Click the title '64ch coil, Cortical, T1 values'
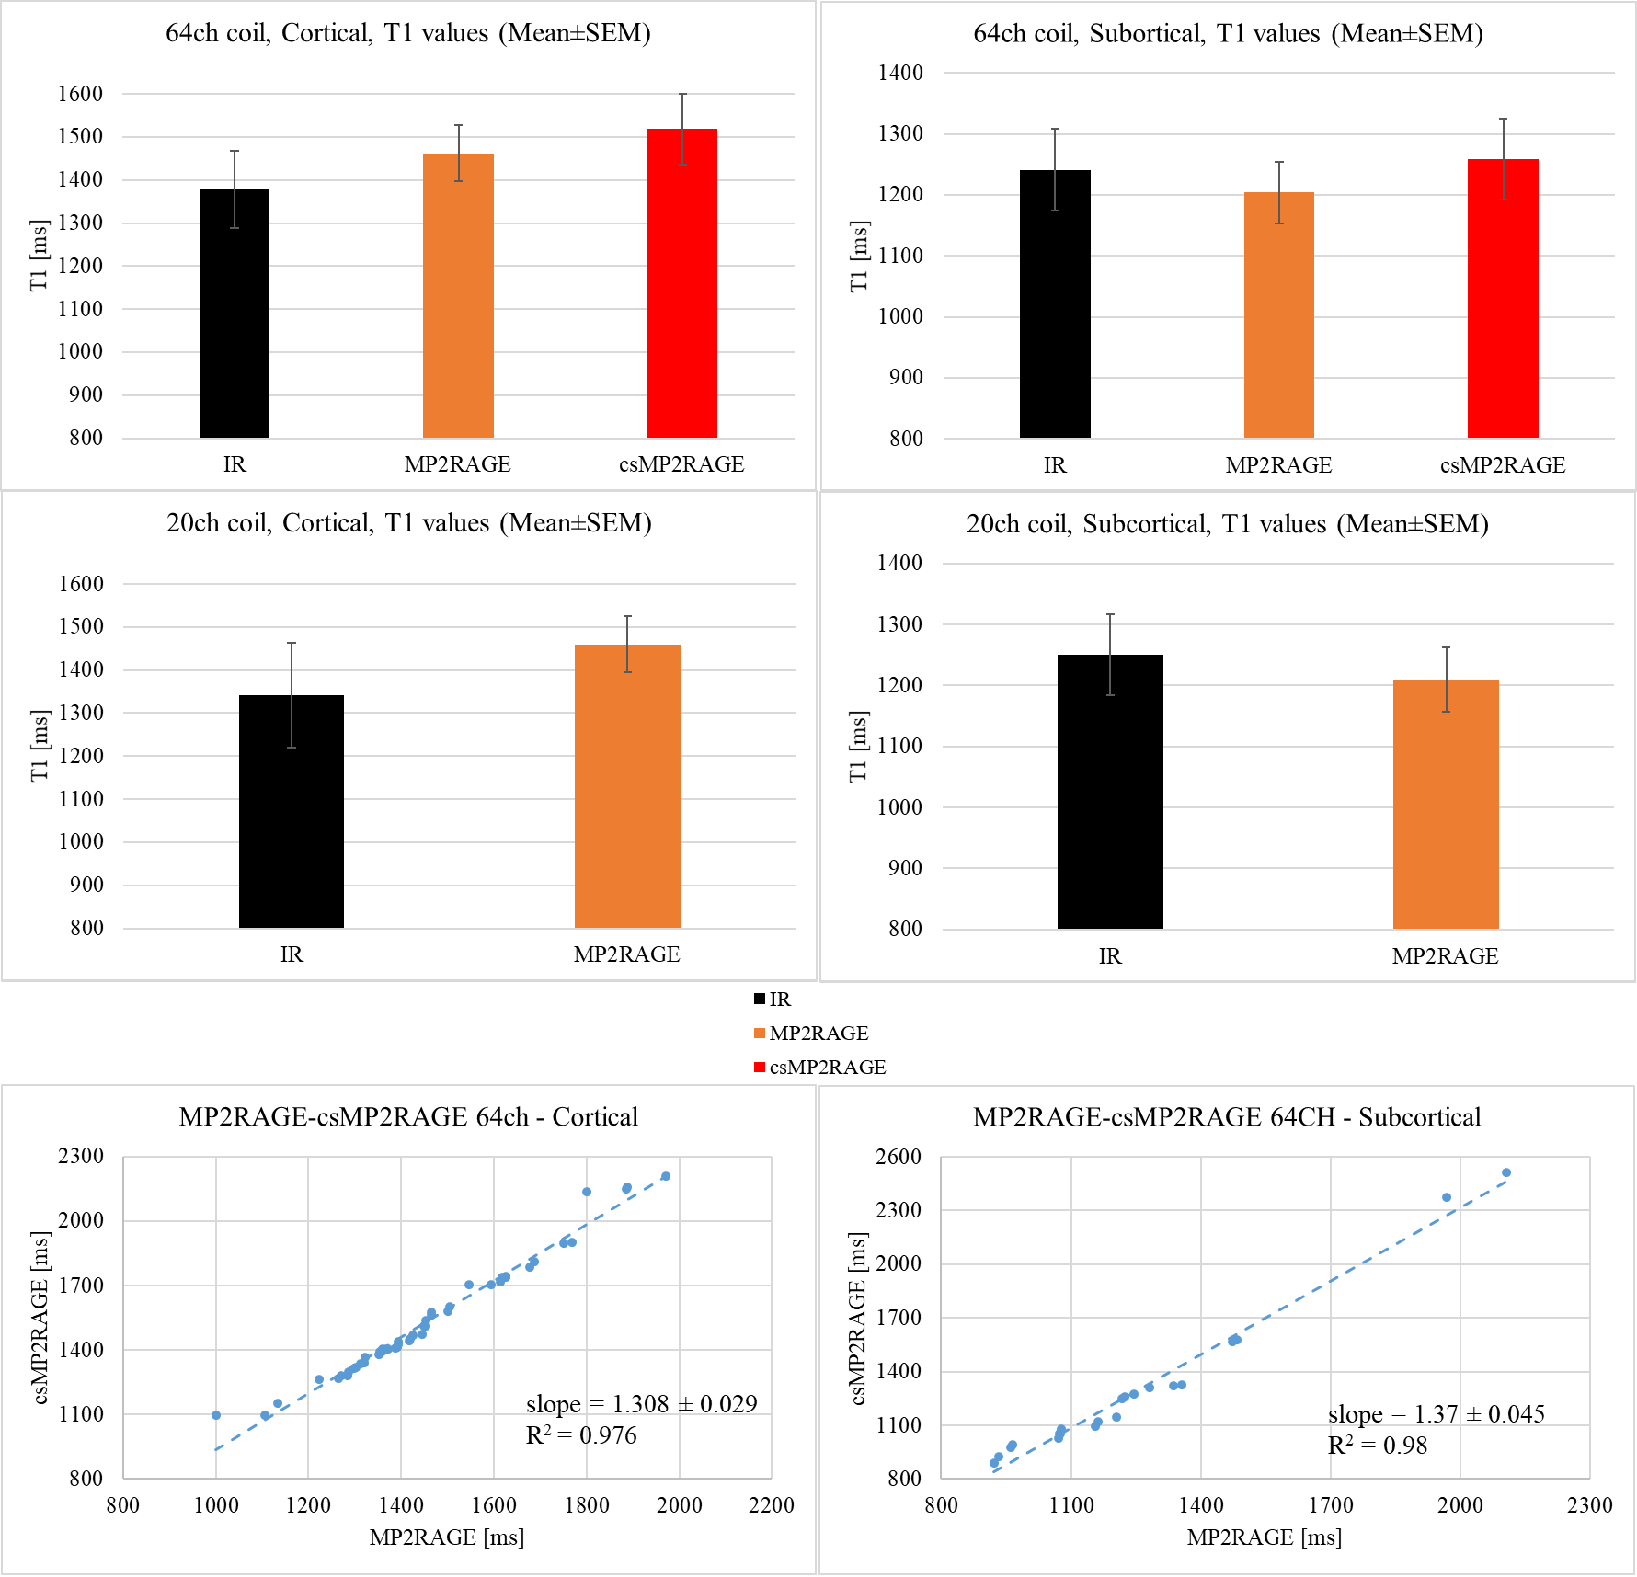coord(407,33)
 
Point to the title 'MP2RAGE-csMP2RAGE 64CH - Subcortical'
coord(1227,1116)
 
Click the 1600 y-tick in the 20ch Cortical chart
coord(81,584)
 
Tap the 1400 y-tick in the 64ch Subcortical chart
coord(900,73)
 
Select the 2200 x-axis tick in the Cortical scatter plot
coord(771,1505)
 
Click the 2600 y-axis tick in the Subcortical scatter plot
coord(899,1157)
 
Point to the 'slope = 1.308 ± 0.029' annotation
coord(641,1404)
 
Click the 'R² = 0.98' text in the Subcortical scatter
coord(1377,1446)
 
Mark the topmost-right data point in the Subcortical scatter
coord(1506,1172)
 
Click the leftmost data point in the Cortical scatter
coord(216,1415)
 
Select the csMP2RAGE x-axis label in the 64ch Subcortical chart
coord(1503,465)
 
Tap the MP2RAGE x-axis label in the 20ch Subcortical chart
coord(1445,956)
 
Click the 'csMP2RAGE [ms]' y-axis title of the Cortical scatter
coord(40,1318)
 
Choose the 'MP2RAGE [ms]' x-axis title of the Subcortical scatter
coord(1264,1537)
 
